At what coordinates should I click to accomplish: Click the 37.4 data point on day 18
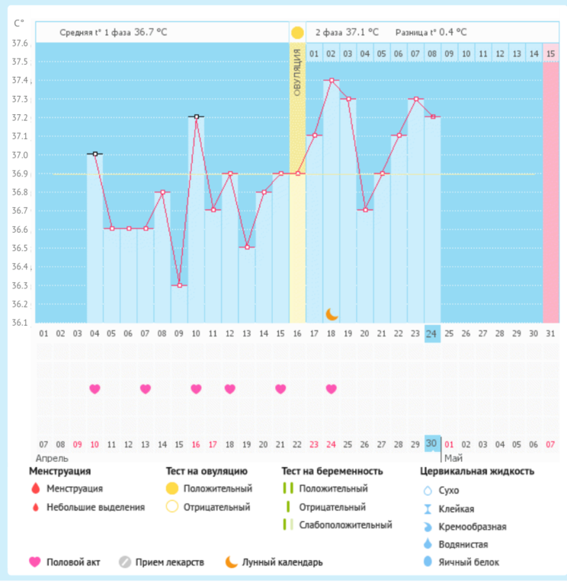tap(332, 80)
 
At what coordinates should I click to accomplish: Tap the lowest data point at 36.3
tap(179, 285)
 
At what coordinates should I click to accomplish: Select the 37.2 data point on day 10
tap(196, 117)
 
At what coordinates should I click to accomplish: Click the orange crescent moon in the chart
tap(332, 314)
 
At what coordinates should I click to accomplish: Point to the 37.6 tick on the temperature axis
tap(20, 43)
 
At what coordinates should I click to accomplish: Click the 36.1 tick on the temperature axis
tap(20, 323)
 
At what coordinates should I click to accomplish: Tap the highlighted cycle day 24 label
tap(432, 333)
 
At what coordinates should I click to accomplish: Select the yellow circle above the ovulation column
tap(297, 33)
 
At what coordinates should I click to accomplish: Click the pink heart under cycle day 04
tap(94, 389)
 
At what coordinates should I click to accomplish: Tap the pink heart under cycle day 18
tap(332, 389)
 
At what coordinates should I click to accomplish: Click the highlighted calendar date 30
tap(432, 444)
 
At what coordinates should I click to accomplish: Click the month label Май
tap(453, 458)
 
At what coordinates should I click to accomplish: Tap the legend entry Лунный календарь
tap(282, 562)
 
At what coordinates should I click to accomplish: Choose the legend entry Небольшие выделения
tap(95, 507)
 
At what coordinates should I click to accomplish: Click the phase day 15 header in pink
tap(550, 53)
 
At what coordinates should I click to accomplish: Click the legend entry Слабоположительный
tap(345, 524)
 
